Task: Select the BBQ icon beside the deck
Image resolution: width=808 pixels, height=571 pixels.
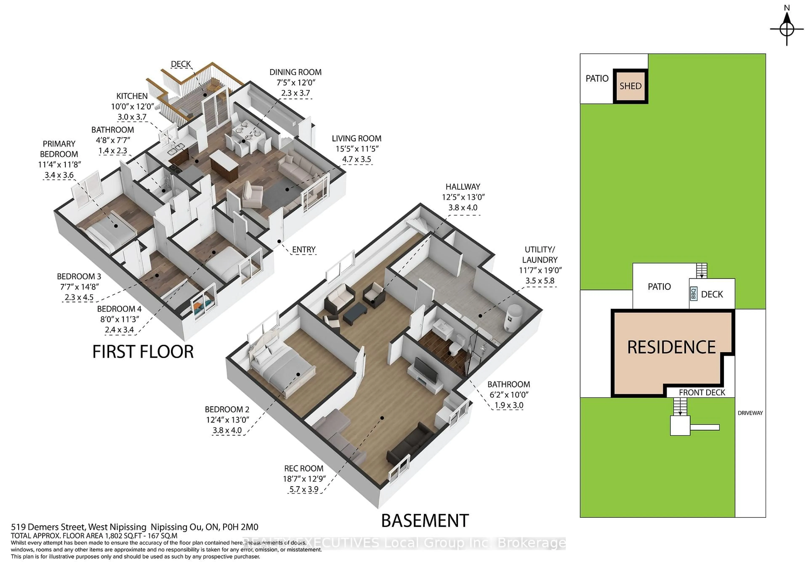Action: tap(694, 293)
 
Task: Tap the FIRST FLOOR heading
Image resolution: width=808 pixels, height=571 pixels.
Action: tap(143, 352)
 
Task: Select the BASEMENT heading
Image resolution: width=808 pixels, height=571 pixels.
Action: tap(425, 521)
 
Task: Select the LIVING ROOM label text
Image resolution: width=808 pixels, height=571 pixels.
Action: tap(356, 139)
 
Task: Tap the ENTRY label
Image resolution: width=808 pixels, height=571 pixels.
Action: tap(304, 250)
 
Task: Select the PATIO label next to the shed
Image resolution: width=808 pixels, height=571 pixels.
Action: tap(597, 78)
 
